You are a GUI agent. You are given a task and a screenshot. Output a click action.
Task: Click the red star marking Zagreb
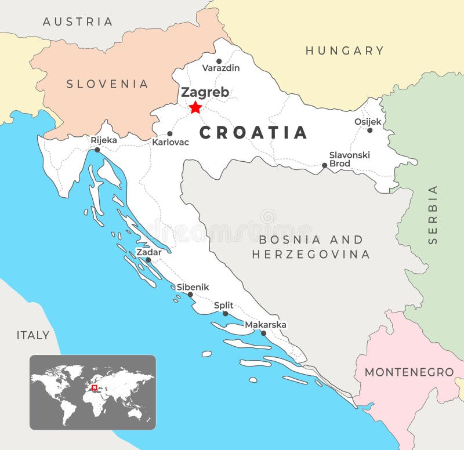(195, 107)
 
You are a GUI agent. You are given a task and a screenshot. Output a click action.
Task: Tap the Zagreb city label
(205, 92)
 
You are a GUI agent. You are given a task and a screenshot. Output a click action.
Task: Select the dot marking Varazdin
(219, 61)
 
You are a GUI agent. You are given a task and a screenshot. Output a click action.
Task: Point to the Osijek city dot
(369, 130)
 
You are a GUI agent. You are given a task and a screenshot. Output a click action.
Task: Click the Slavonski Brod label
(349, 159)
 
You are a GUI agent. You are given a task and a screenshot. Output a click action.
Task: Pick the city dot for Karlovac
(169, 133)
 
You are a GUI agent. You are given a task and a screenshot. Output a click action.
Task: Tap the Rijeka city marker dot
(97, 150)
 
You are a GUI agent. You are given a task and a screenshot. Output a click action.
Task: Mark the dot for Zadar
(148, 260)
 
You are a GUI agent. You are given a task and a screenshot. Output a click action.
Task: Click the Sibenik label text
(193, 287)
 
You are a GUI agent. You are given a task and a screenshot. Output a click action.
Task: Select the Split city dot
(226, 314)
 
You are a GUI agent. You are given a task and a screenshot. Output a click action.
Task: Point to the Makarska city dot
(263, 333)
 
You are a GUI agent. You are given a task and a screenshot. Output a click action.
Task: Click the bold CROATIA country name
(253, 133)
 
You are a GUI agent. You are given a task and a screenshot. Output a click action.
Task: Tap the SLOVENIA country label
(107, 84)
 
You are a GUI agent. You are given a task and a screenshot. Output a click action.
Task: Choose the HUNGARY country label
(345, 50)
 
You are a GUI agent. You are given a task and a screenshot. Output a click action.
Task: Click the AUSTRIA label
(78, 21)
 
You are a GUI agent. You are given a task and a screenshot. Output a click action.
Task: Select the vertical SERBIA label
(433, 215)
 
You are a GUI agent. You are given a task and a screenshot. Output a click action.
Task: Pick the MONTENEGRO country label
(409, 372)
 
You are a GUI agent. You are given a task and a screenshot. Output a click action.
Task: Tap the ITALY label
(32, 335)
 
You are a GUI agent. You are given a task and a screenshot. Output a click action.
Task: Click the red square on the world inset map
(94, 387)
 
